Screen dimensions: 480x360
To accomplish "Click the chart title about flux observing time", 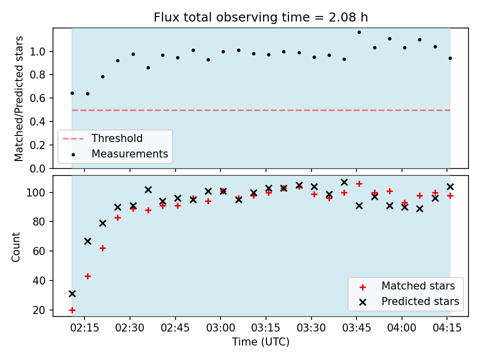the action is coord(260,17).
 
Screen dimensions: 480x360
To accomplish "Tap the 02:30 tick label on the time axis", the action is coord(130,328).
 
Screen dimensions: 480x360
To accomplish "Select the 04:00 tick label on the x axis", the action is coord(401,328).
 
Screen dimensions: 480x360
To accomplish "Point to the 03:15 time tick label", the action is coord(265,328).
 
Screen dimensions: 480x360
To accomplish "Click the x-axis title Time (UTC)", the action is coord(260,341).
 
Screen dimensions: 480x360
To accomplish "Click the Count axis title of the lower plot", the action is coord(15,246).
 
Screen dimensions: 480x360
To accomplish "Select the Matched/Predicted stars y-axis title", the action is coord(18,98).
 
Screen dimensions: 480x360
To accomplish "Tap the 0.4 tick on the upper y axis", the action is coord(37,121).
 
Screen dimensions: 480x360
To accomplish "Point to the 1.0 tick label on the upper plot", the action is coord(37,51).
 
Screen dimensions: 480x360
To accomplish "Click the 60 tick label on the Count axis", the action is coord(38,251).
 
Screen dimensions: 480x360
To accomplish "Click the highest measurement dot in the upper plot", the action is coord(359,32).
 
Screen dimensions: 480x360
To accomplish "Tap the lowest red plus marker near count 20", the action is coord(72,310).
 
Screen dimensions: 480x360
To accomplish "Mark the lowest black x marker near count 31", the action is coord(72,294).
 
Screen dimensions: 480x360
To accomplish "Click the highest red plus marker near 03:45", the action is coord(359,183).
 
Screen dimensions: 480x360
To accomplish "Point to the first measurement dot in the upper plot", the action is coord(72,93).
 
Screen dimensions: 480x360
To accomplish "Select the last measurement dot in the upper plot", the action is coord(450,58).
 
